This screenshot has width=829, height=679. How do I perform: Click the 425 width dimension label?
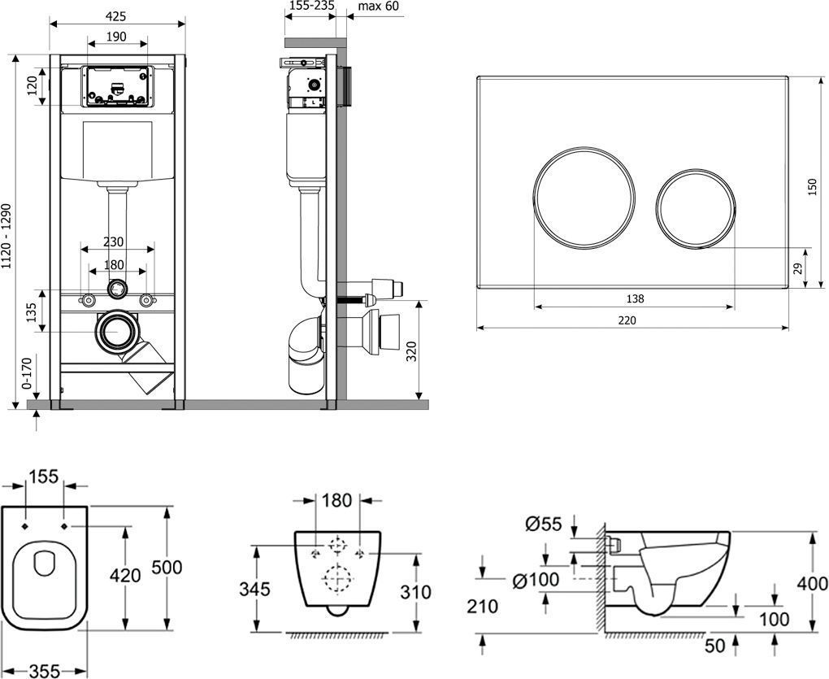tap(117, 14)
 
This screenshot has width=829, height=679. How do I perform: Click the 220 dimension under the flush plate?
tap(626, 320)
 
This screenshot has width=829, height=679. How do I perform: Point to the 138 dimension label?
tap(635, 298)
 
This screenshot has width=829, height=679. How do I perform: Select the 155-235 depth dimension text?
tap(311, 7)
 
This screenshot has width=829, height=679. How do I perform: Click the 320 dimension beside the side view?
tap(411, 350)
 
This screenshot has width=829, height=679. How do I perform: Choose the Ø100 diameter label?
tap(536, 580)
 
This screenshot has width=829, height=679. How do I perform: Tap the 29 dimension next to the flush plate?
tap(797, 268)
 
